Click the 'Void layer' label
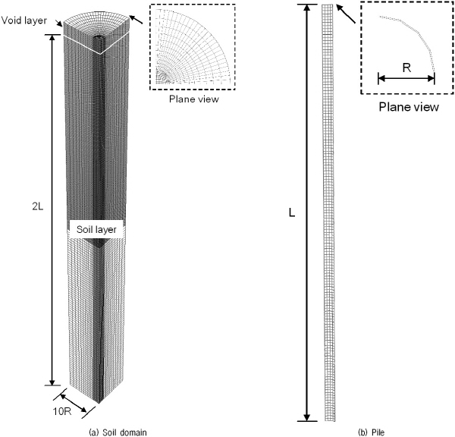click(24, 20)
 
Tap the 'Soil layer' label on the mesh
click(96, 229)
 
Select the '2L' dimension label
click(38, 206)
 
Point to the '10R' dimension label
click(62, 411)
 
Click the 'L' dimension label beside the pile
click(292, 213)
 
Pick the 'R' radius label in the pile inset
click(406, 68)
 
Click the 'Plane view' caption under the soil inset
click(194, 99)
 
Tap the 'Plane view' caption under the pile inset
click(409, 107)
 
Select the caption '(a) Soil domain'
click(118, 432)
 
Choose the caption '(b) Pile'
click(371, 432)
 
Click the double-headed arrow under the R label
click(406, 78)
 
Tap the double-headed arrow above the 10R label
click(74, 403)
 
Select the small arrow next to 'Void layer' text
click(60, 24)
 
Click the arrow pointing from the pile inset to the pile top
click(346, 14)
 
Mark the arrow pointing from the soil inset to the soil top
click(136, 20)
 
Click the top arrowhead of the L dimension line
click(308, 8)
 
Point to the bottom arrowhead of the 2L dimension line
click(52, 382)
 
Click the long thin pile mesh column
click(328, 212)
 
